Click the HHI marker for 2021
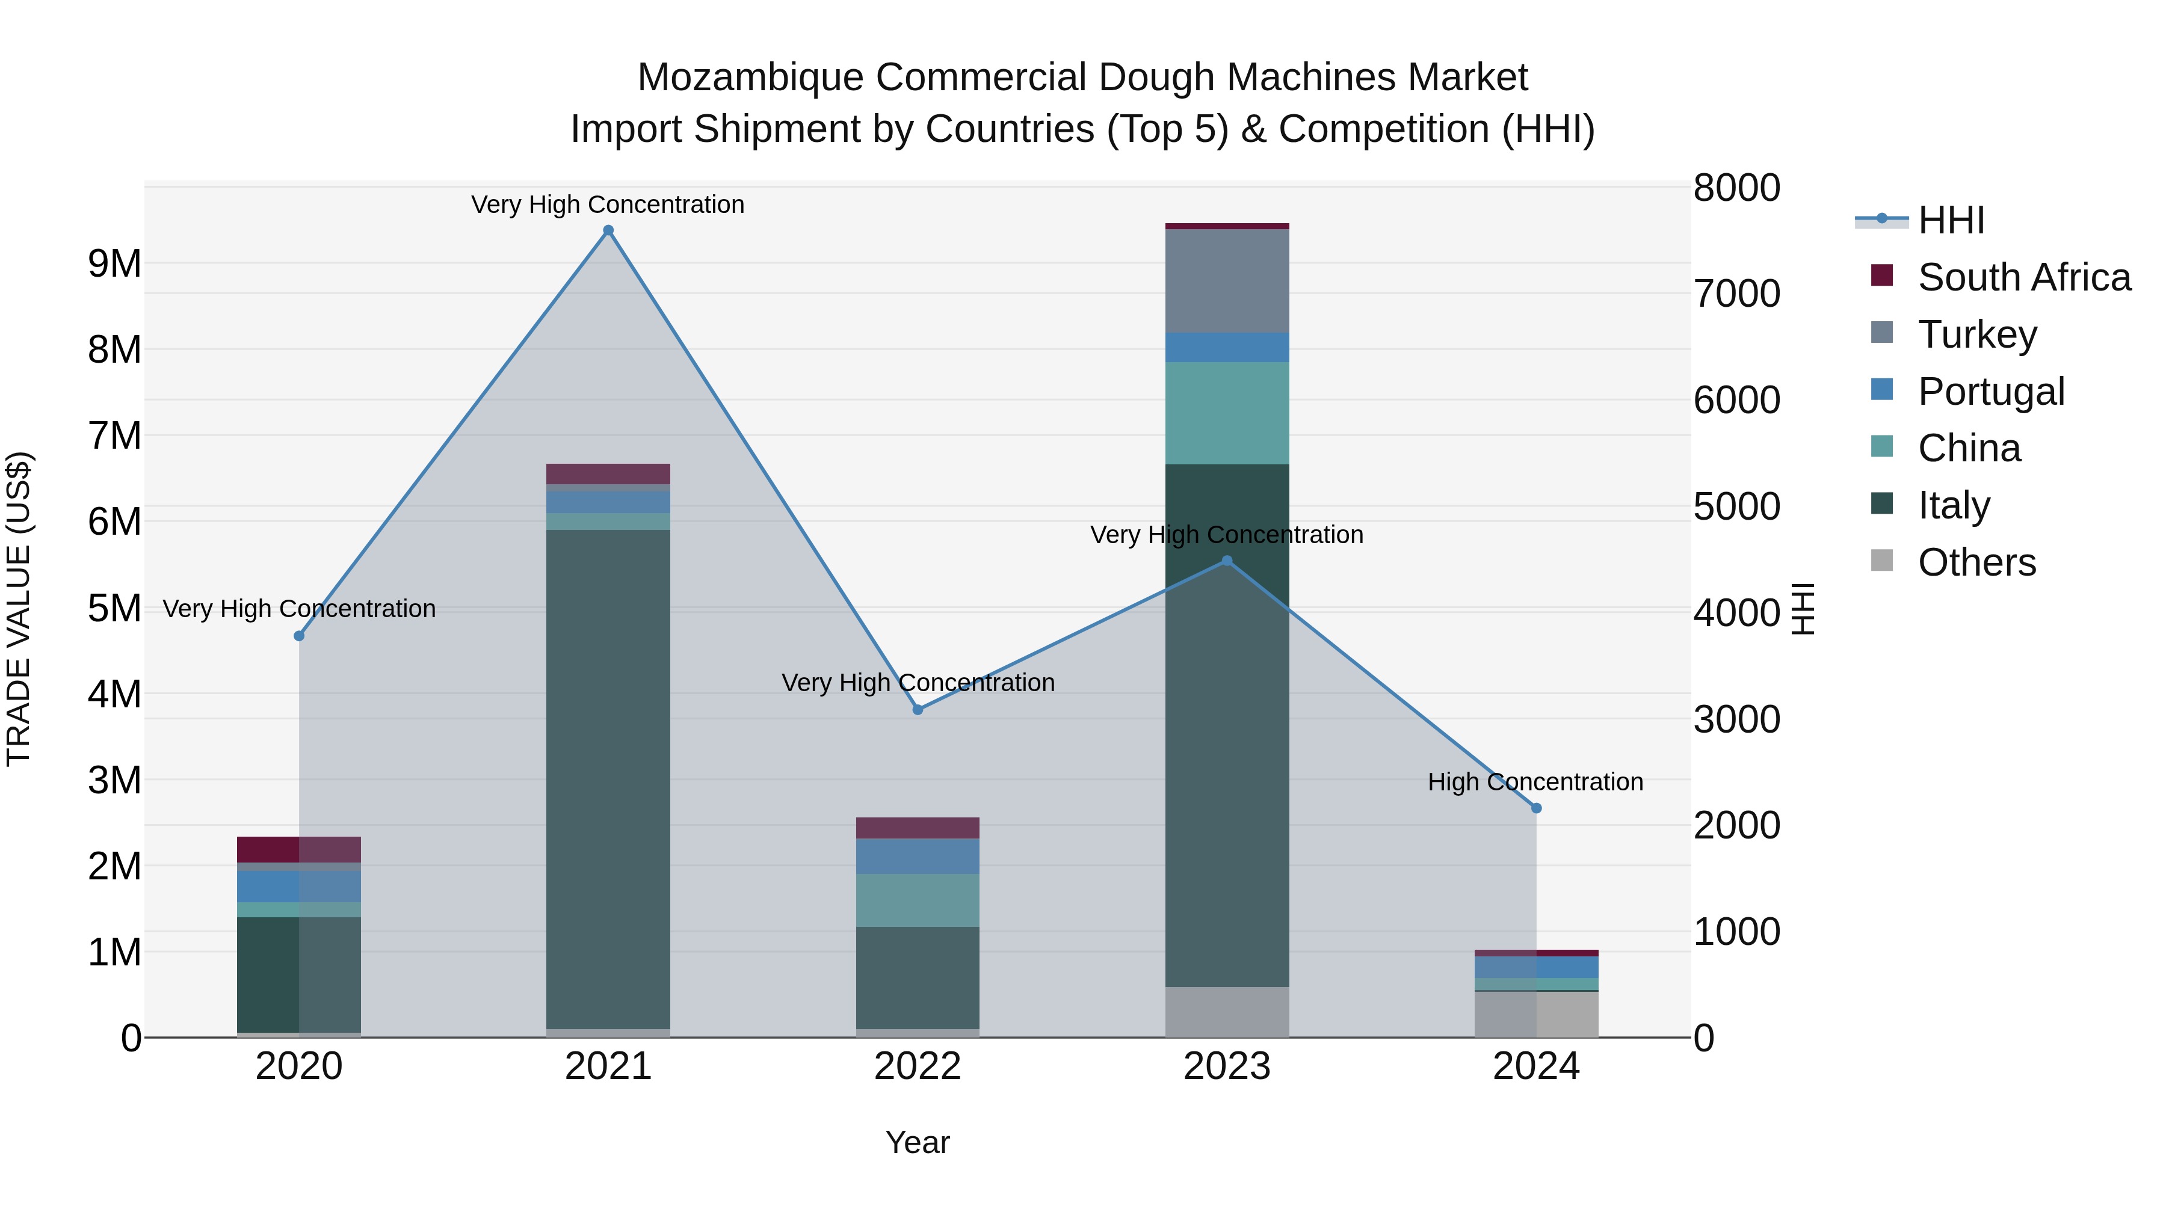pyautogui.click(x=608, y=230)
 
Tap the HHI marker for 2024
pyautogui.click(x=1535, y=808)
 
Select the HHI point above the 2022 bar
pyautogui.click(x=918, y=710)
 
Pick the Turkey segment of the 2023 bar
pyautogui.click(x=1227, y=281)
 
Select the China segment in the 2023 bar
pyautogui.click(x=1227, y=413)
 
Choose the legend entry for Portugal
pyautogui.click(x=1990, y=392)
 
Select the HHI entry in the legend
pyautogui.click(x=1951, y=220)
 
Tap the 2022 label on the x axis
pyautogui.click(x=918, y=1066)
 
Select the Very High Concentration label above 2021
pyautogui.click(x=607, y=205)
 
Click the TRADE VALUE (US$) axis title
pyautogui.click(x=19, y=609)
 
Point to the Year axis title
pyautogui.click(x=918, y=1142)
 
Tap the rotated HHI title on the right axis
pyautogui.click(x=1804, y=609)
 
